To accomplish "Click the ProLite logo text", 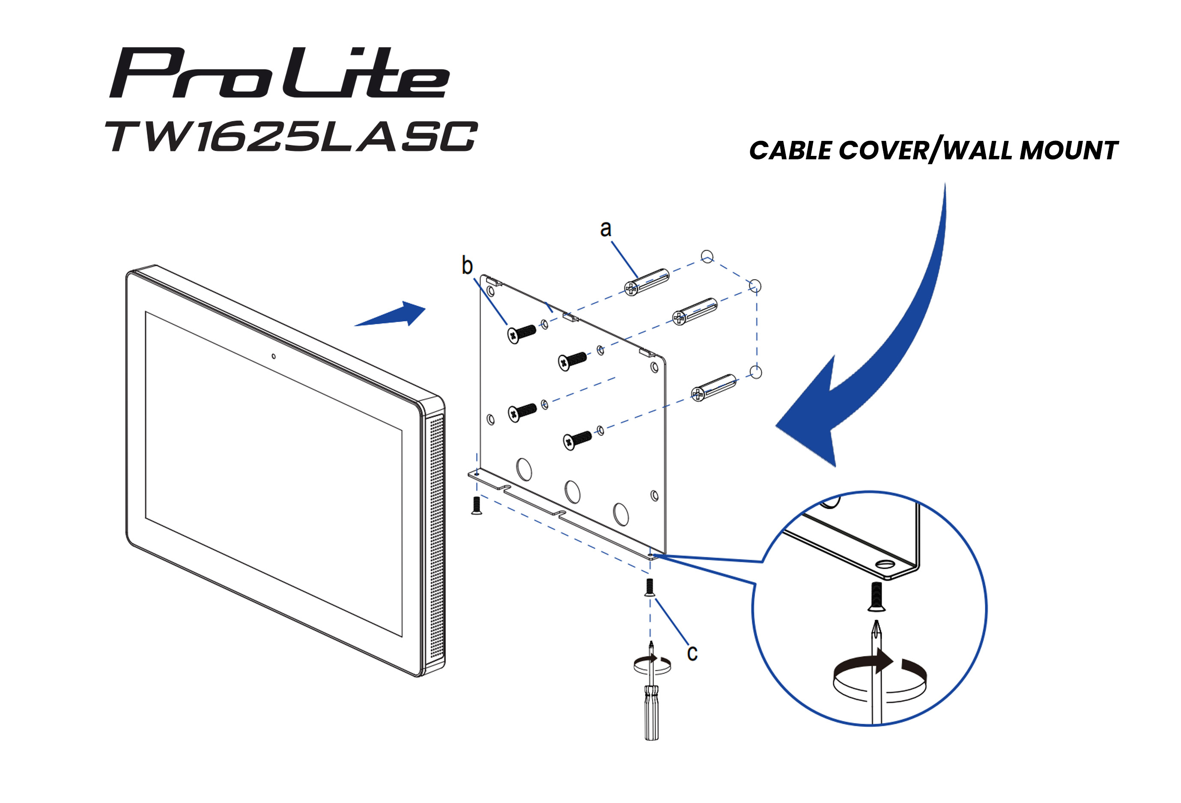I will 280,74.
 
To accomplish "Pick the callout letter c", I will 692,653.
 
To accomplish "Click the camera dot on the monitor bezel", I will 273,356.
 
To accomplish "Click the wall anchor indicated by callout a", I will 647,282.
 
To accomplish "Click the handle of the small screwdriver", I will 651,711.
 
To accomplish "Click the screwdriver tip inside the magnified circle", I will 877,630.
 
